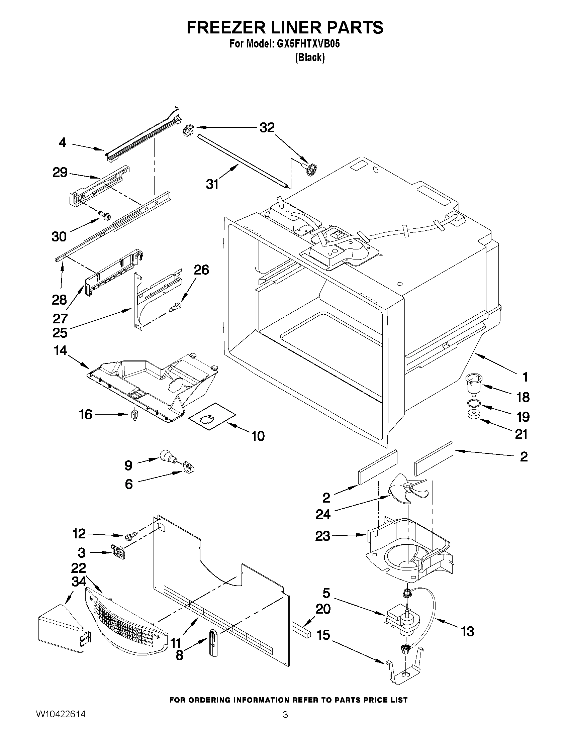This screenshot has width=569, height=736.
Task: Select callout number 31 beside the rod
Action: tap(212, 184)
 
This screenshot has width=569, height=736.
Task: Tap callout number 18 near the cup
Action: tap(523, 397)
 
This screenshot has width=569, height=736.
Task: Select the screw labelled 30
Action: tap(104, 215)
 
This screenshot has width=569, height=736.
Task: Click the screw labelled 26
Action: tap(175, 307)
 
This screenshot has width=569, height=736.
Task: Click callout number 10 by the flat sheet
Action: tap(258, 436)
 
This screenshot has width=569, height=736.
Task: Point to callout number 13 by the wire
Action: tap(467, 631)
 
